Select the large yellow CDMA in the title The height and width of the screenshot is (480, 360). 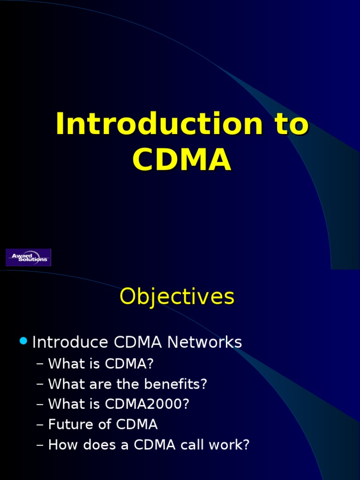(x=182, y=160)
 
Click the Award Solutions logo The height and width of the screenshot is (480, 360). (x=28, y=257)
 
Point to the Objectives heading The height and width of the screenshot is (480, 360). (x=177, y=296)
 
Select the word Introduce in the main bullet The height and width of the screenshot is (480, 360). (x=70, y=342)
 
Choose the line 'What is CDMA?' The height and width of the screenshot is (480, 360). (x=101, y=364)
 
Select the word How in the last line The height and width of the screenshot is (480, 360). (x=60, y=445)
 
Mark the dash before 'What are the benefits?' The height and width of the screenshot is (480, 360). (x=40, y=384)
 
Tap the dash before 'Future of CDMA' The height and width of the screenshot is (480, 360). (x=40, y=425)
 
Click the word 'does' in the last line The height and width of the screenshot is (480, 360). (x=91, y=445)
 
